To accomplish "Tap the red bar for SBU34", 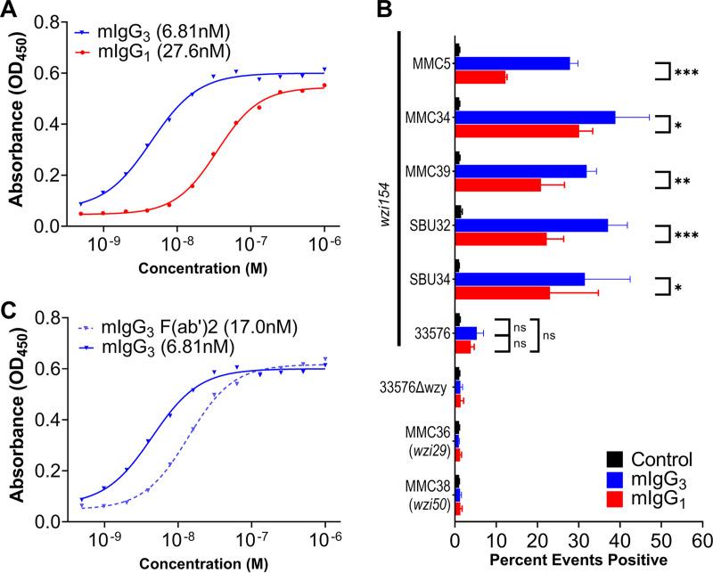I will click(502, 291).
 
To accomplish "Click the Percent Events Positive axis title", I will click(578, 561).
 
